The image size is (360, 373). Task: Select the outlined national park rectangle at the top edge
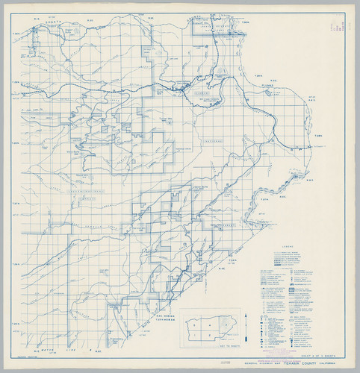(x=204, y=25)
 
